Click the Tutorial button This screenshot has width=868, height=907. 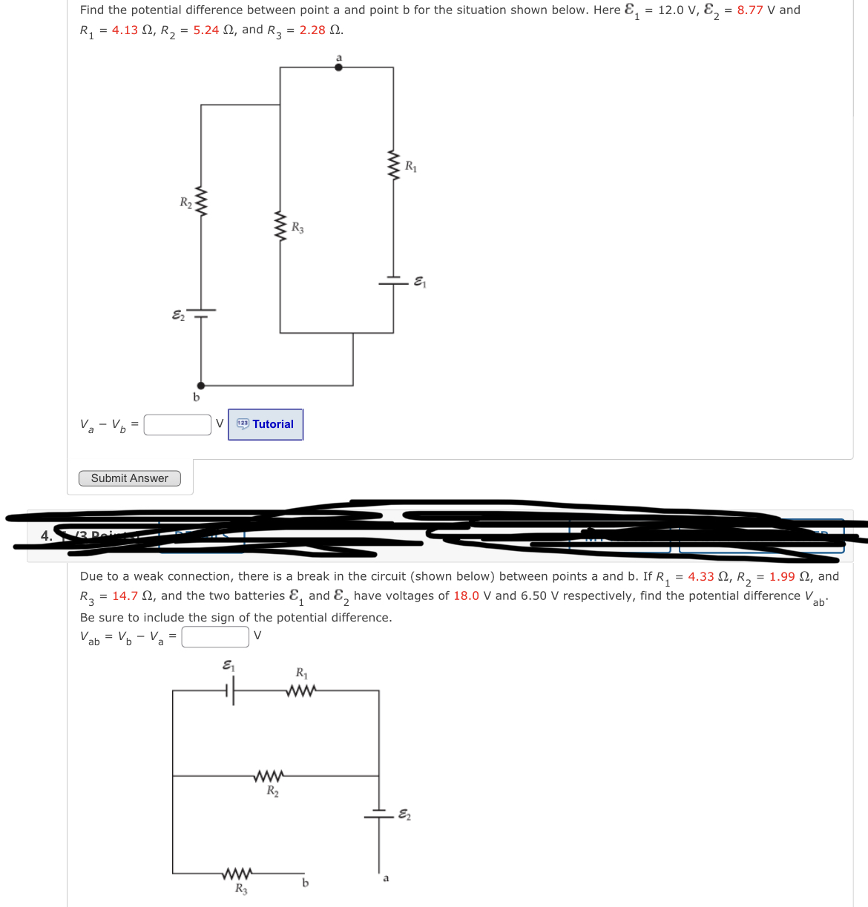[266, 424]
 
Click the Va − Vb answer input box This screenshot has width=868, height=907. [177, 424]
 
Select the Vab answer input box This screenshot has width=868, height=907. [215, 636]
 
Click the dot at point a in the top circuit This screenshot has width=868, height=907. [339, 67]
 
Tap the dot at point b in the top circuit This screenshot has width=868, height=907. [200, 386]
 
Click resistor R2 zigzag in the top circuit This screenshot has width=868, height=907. [200, 202]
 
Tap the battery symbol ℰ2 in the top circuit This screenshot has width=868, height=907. [200, 313]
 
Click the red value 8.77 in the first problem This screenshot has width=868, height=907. [749, 10]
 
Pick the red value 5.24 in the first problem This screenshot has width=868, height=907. [206, 30]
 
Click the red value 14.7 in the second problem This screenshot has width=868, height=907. [125, 596]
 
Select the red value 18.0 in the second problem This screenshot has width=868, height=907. [466, 596]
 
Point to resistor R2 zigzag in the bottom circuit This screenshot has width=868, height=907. [268, 776]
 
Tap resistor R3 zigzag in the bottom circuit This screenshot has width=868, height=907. [237, 873]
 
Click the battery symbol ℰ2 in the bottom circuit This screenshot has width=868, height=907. [378, 814]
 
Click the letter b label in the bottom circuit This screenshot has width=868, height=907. [305, 883]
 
